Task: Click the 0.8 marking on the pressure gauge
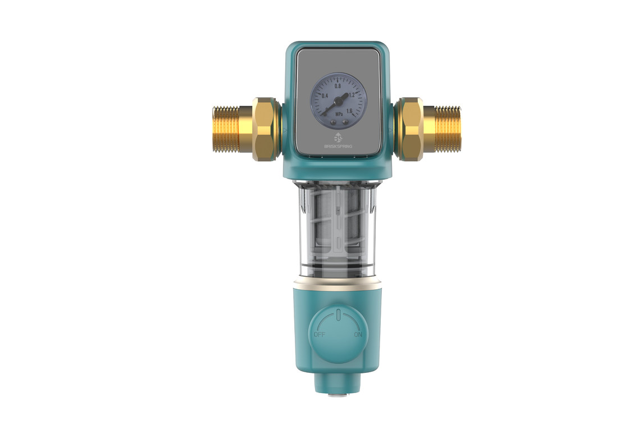(x=338, y=86)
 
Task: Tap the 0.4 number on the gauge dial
(x=325, y=96)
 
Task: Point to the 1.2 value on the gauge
(x=352, y=95)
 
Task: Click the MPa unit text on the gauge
(x=339, y=114)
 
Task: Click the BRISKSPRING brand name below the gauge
(x=339, y=145)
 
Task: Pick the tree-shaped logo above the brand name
(x=338, y=137)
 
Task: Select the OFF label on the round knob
(x=320, y=335)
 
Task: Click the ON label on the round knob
(x=358, y=335)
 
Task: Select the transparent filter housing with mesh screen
(x=338, y=227)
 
